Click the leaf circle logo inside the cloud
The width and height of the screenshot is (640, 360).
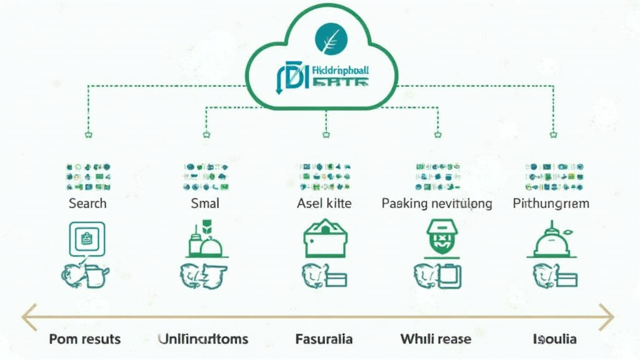click(328, 39)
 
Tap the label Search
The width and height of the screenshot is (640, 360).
click(87, 203)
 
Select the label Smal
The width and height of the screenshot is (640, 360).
click(205, 203)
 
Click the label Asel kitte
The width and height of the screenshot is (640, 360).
click(324, 203)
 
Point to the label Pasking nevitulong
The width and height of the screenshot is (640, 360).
click(436, 203)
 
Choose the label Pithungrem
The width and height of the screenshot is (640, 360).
click(551, 203)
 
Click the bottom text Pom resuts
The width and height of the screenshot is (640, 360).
click(85, 339)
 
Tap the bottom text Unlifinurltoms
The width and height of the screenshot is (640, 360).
click(203, 339)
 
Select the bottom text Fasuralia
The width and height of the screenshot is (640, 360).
click(324, 339)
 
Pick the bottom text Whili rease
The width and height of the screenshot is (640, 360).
click(436, 339)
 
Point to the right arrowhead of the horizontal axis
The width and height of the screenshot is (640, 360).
click(608, 317)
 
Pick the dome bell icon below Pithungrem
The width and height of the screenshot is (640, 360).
click(551, 241)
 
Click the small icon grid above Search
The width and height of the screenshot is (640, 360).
click(88, 177)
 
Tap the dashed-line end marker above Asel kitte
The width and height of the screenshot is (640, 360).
click(326, 133)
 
